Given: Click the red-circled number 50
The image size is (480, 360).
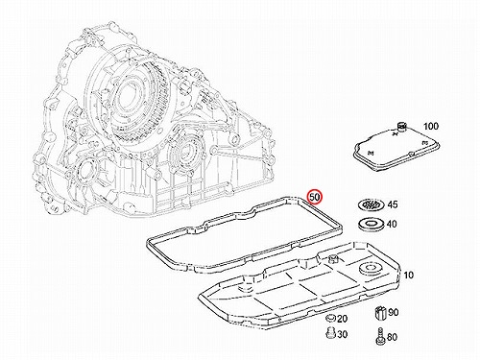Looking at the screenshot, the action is (x=315, y=197).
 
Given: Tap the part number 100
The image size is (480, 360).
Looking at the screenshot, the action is (x=431, y=126).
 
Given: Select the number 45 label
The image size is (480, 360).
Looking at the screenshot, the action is (x=393, y=204).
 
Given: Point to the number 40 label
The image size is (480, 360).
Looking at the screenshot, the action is (x=392, y=224).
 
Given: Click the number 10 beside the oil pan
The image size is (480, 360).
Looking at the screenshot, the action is (x=409, y=275).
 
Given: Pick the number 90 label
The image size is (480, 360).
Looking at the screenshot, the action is (x=394, y=312).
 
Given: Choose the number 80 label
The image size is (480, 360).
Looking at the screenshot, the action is (x=392, y=337).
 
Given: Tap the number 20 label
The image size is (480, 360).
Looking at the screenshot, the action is (x=342, y=319).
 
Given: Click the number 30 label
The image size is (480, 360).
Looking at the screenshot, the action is (x=342, y=334).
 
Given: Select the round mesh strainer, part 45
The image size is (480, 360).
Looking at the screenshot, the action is (x=371, y=204).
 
